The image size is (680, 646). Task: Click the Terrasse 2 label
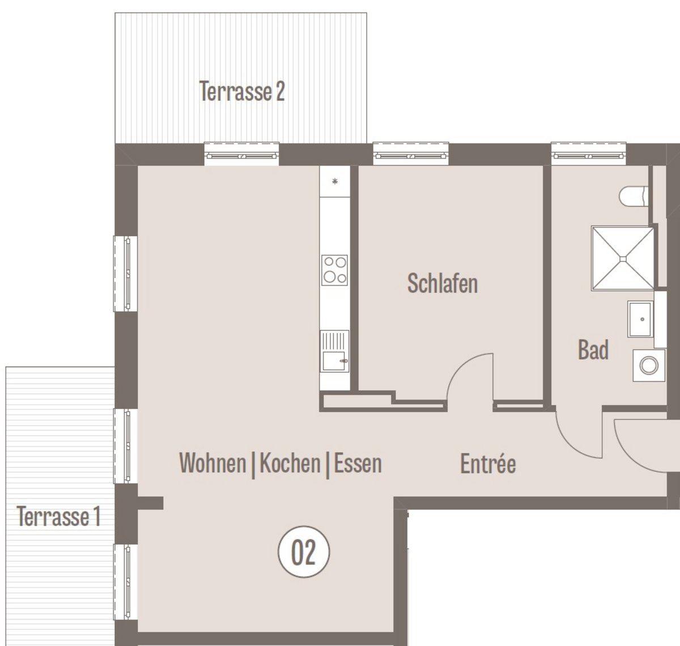point(242,91)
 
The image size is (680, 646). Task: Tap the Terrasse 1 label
point(58,516)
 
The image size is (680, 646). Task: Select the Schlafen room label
point(443,283)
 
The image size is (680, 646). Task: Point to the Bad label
point(593,350)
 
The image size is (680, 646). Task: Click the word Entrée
point(488,464)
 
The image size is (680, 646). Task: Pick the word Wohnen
point(212,463)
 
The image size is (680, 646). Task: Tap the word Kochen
point(290,463)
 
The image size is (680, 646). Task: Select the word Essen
point(358,463)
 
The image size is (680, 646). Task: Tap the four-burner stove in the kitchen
point(334,270)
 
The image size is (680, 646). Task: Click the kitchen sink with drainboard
point(334,351)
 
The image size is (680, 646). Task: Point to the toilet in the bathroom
point(634,197)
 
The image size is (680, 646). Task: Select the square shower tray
point(623,258)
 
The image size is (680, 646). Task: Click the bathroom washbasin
point(640,319)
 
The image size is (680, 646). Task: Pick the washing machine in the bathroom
point(649,365)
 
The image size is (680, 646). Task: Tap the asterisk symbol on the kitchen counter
point(335,181)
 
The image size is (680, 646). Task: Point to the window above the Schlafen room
point(411,154)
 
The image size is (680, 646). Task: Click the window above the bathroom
point(589,154)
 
